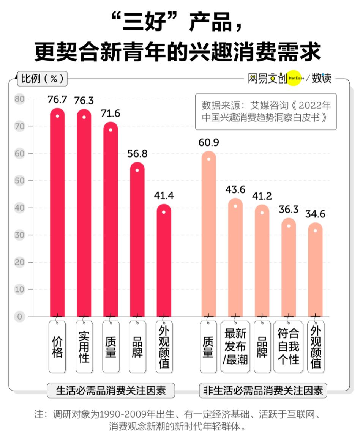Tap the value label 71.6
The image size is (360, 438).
coord(111,113)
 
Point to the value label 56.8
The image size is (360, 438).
coord(137,154)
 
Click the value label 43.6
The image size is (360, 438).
coord(235,189)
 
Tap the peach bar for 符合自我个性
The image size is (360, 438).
coord(289,269)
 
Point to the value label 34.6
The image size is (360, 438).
coord(315,214)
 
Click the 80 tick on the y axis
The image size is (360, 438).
coord(19,99)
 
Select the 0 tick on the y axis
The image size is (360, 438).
coord(19,317)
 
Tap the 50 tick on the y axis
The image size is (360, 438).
coord(19,181)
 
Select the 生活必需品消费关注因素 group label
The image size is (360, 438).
coord(111,391)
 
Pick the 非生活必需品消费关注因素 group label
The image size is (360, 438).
coord(263,391)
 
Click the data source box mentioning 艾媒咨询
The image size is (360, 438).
coord(266,112)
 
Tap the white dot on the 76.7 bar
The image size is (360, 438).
coord(57,116)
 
